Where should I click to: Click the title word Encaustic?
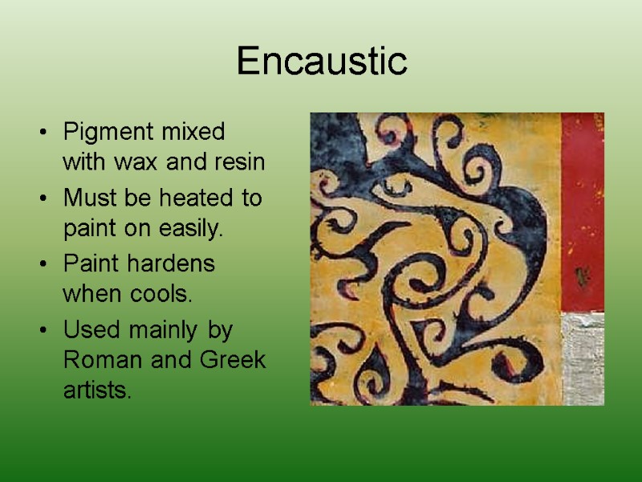pyautogui.click(x=322, y=62)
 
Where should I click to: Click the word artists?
pyautogui.click(x=96, y=393)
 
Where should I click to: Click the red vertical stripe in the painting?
pyautogui.click(x=582, y=209)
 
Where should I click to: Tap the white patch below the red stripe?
pyautogui.click(x=582, y=357)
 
